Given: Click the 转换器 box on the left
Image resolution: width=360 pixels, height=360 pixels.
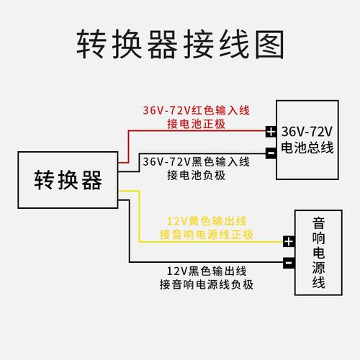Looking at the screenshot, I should tap(68, 180).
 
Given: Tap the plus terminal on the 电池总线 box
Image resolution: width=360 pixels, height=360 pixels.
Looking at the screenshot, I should tap(270, 132).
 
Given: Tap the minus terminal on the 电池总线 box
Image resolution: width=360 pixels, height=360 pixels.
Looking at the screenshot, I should tap(270, 153).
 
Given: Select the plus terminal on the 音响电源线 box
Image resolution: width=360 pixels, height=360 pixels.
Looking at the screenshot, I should tap(289, 242).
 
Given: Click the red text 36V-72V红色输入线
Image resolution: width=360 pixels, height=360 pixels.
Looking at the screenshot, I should tap(195, 111).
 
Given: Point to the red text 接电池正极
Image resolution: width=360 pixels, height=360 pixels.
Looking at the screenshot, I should tap(195, 124).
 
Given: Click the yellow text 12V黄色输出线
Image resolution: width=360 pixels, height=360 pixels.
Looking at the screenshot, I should tap(206, 221).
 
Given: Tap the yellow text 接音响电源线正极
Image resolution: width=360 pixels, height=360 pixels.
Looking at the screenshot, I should tap(206, 235).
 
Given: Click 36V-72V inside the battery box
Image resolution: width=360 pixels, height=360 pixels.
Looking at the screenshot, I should tap(307, 132).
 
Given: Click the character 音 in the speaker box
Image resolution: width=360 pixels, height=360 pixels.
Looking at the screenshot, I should tap(319, 224).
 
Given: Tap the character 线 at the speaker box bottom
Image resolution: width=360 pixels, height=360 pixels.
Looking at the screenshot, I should tap(319, 282).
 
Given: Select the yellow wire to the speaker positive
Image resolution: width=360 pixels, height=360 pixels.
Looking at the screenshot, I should tap(209, 242).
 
